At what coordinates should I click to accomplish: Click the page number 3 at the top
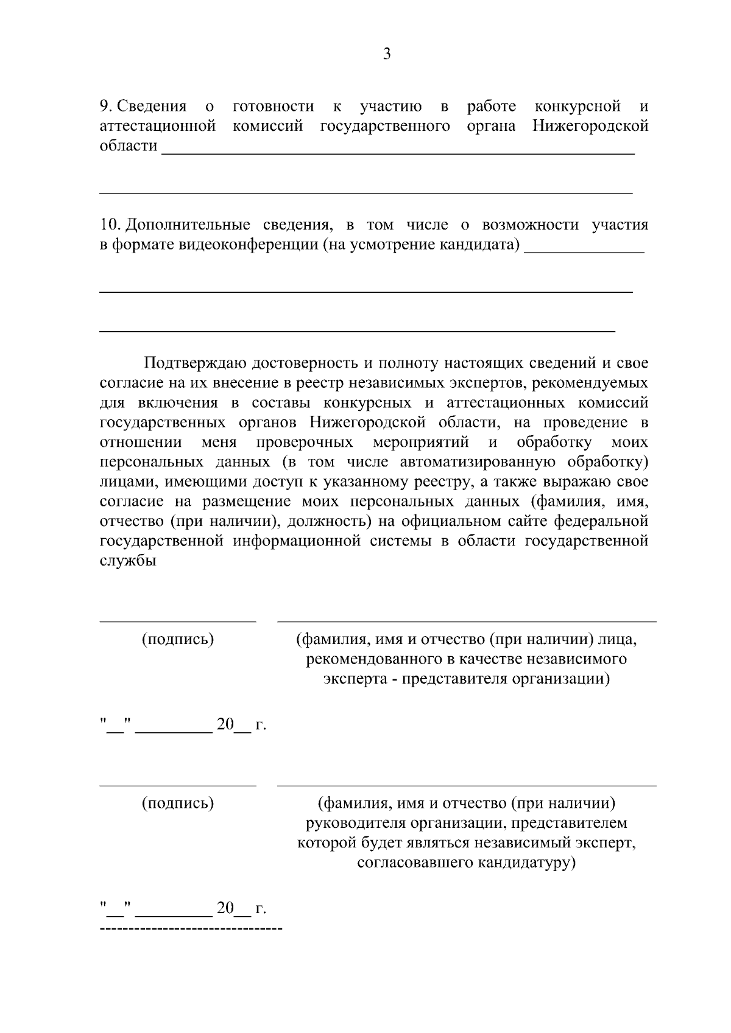click(x=386, y=55)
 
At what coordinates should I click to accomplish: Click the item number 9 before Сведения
click(x=105, y=107)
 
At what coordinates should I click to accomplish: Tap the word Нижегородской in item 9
click(x=590, y=126)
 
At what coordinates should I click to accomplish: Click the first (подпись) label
click(x=178, y=640)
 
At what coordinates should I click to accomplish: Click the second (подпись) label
click(x=178, y=804)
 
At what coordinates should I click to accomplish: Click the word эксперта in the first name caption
click(x=351, y=679)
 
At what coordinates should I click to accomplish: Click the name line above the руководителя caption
click(x=467, y=786)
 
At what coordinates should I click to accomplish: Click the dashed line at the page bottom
click(x=191, y=930)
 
